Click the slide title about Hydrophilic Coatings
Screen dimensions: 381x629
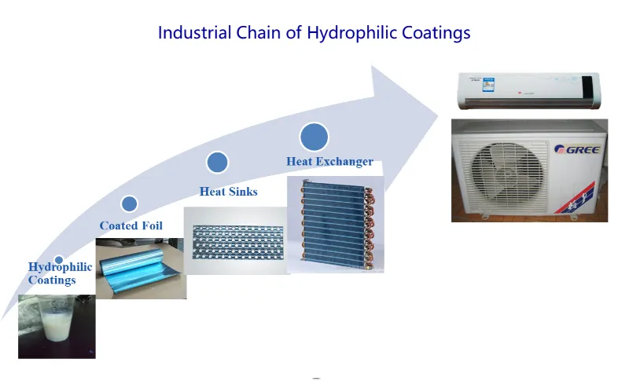click(x=314, y=33)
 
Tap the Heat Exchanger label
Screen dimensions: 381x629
click(x=329, y=162)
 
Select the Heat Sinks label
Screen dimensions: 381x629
click(x=228, y=192)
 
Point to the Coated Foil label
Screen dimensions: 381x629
click(x=131, y=225)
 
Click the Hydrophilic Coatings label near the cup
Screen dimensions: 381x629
click(x=60, y=273)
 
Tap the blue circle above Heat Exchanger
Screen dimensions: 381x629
click(x=314, y=137)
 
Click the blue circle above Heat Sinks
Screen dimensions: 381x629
click(x=217, y=163)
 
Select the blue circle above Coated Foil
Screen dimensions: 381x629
click(x=130, y=204)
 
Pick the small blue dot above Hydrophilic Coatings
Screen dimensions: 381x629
click(x=59, y=260)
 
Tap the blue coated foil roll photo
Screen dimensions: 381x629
click(x=141, y=267)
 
